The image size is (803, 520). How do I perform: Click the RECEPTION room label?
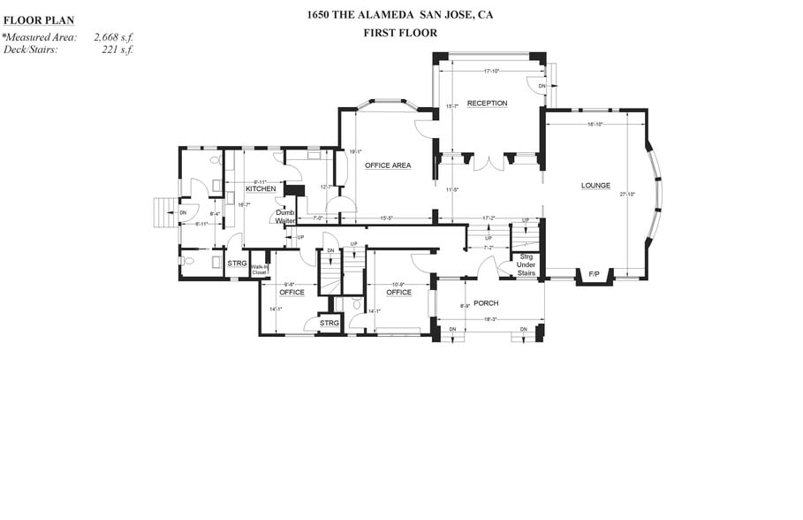(487, 103)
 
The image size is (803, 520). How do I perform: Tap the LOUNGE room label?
(595, 186)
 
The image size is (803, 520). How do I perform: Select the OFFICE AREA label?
(389, 165)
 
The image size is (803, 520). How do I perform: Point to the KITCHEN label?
(261, 189)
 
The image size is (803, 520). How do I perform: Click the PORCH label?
(486, 303)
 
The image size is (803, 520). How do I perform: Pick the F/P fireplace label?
(594, 275)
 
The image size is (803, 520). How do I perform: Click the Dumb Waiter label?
(284, 217)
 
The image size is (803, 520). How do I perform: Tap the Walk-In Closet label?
(259, 270)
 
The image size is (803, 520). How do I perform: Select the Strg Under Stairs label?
(526, 264)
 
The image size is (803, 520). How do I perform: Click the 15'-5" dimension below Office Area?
(388, 218)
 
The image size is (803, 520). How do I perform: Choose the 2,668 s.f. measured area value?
(113, 38)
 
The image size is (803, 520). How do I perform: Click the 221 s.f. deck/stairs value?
(117, 50)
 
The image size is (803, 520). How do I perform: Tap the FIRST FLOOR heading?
(399, 33)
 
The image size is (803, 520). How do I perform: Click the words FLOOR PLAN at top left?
(39, 19)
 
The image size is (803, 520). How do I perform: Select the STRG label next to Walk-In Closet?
(237, 264)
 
